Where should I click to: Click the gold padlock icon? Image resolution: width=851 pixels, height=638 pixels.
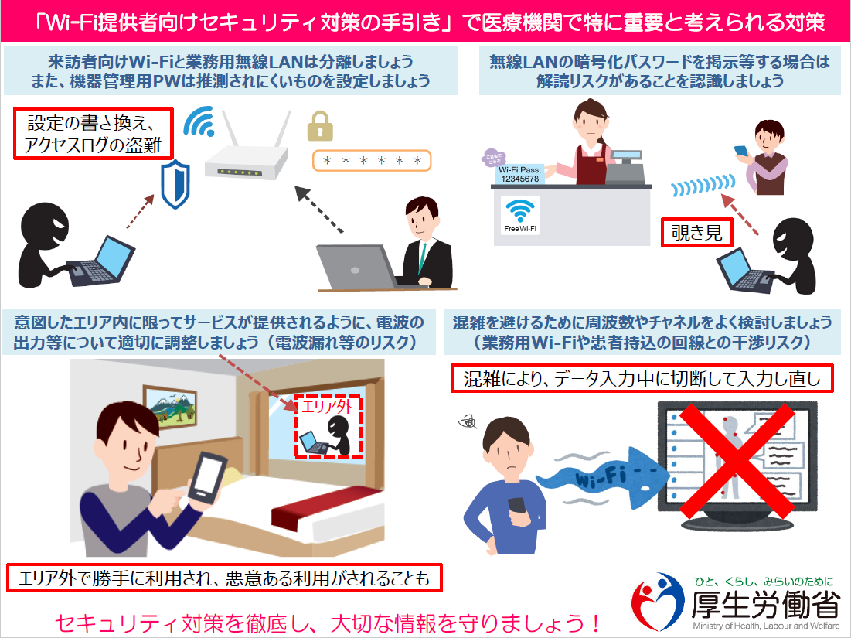pos(320,127)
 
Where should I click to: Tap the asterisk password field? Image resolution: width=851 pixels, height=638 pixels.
pos(372,161)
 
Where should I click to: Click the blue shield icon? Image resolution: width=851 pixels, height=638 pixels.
pos(175,183)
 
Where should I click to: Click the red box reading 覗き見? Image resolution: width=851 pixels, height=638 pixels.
pos(697,233)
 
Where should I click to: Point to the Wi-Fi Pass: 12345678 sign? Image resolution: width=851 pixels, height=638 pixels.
pos(520,174)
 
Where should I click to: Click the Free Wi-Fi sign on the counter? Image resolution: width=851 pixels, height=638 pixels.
pos(520,216)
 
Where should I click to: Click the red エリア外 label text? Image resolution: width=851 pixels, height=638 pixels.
pos(327,407)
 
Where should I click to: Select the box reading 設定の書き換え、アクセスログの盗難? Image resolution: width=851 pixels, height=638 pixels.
pos(94,134)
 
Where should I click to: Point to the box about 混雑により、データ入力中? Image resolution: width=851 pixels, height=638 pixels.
pos(642,378)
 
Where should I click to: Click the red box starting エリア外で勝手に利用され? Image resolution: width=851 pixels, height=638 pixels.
pos(224,578)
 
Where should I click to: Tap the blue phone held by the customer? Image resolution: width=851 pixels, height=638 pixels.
pos(740,151)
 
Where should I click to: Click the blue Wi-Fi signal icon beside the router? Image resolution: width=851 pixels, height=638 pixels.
pos(199,121)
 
